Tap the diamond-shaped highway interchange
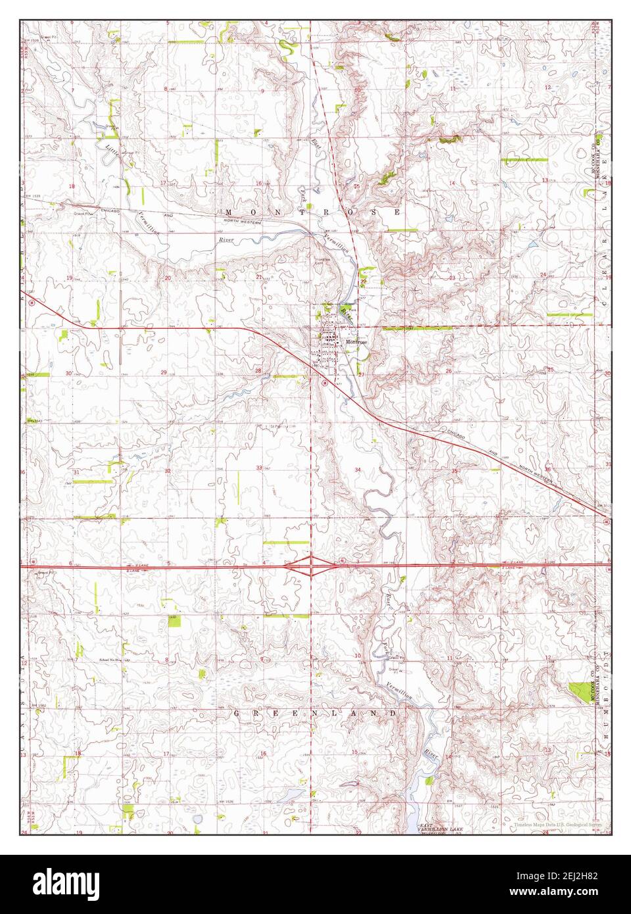click(x=309, y=565)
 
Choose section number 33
click(x=260, y=468)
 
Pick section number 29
click(x=164, y=372)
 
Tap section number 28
click(x=258, y=372)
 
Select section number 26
click(x=448, y=372)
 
